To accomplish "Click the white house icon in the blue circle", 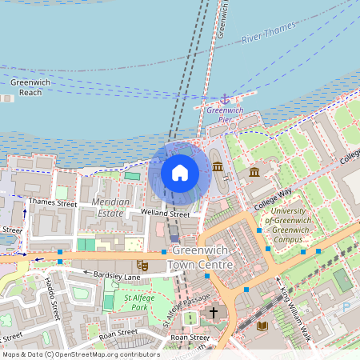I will click(x=180, y=172).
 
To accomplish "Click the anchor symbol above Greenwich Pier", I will click(x=225, y=98).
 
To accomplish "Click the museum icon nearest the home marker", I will click(x=218, y=167).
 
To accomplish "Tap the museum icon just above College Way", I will click(x=254, y=172).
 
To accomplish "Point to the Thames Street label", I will click(x=52, y=204).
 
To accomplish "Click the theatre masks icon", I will click(x=143, y=264).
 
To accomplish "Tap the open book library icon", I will click(x=263, y=326).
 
